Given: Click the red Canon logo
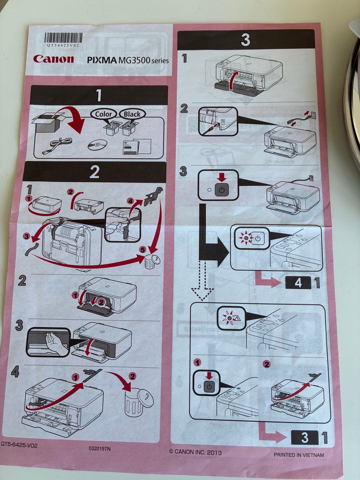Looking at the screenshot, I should pos(53,59).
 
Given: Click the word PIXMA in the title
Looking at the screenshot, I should pos(102,60).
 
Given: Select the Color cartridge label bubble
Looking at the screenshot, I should pos(103,114).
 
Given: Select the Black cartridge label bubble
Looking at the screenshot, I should pos(132,114).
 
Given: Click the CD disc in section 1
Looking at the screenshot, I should pos(97,145).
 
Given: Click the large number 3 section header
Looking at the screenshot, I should pos(245,39).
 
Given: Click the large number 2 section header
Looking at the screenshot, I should pos(94,172).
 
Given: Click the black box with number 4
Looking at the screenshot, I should pos(298,282).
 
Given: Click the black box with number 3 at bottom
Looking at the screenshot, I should pos(304,437).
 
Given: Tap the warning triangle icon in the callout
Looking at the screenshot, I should pos(237,319).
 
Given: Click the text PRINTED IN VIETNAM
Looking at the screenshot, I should pos(298,455).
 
